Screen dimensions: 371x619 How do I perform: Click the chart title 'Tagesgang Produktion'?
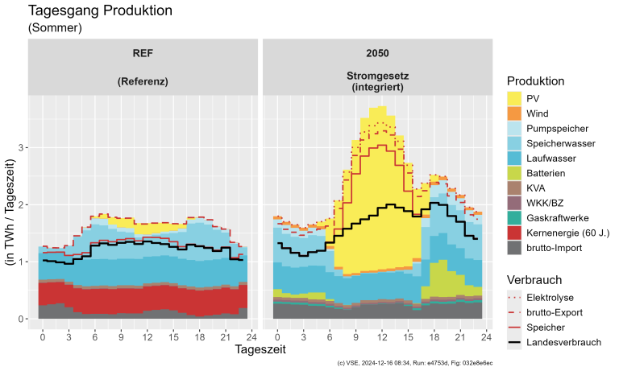[101, 11]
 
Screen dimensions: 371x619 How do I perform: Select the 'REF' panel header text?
[143, 54]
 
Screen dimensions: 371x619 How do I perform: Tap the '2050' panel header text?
[376, 54]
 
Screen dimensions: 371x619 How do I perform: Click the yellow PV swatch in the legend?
[516, 97]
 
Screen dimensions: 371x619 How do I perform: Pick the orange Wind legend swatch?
[516, 113]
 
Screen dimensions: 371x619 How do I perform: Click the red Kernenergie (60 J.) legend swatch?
[516, 233]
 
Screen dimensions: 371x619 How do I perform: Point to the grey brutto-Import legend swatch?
[516, 248]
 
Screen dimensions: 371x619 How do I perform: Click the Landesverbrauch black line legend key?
[516, 342]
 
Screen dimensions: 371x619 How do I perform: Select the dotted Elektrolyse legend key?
[516, 297]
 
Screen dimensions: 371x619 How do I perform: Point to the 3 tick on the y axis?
[22, 147]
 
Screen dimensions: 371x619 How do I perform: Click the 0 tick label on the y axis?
[22, 319]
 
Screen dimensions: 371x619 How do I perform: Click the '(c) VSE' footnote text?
[415, 364]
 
